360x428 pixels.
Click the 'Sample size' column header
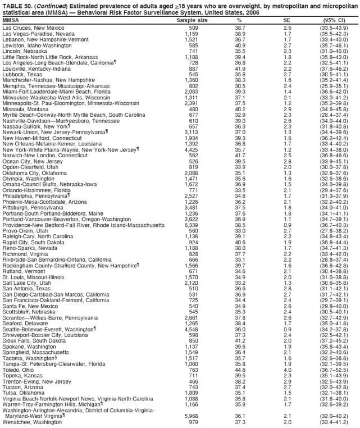[192, 20]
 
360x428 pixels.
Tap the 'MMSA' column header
[11, 20]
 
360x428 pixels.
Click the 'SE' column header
[288, 20]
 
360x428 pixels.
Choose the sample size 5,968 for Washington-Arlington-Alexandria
[191, 416]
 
